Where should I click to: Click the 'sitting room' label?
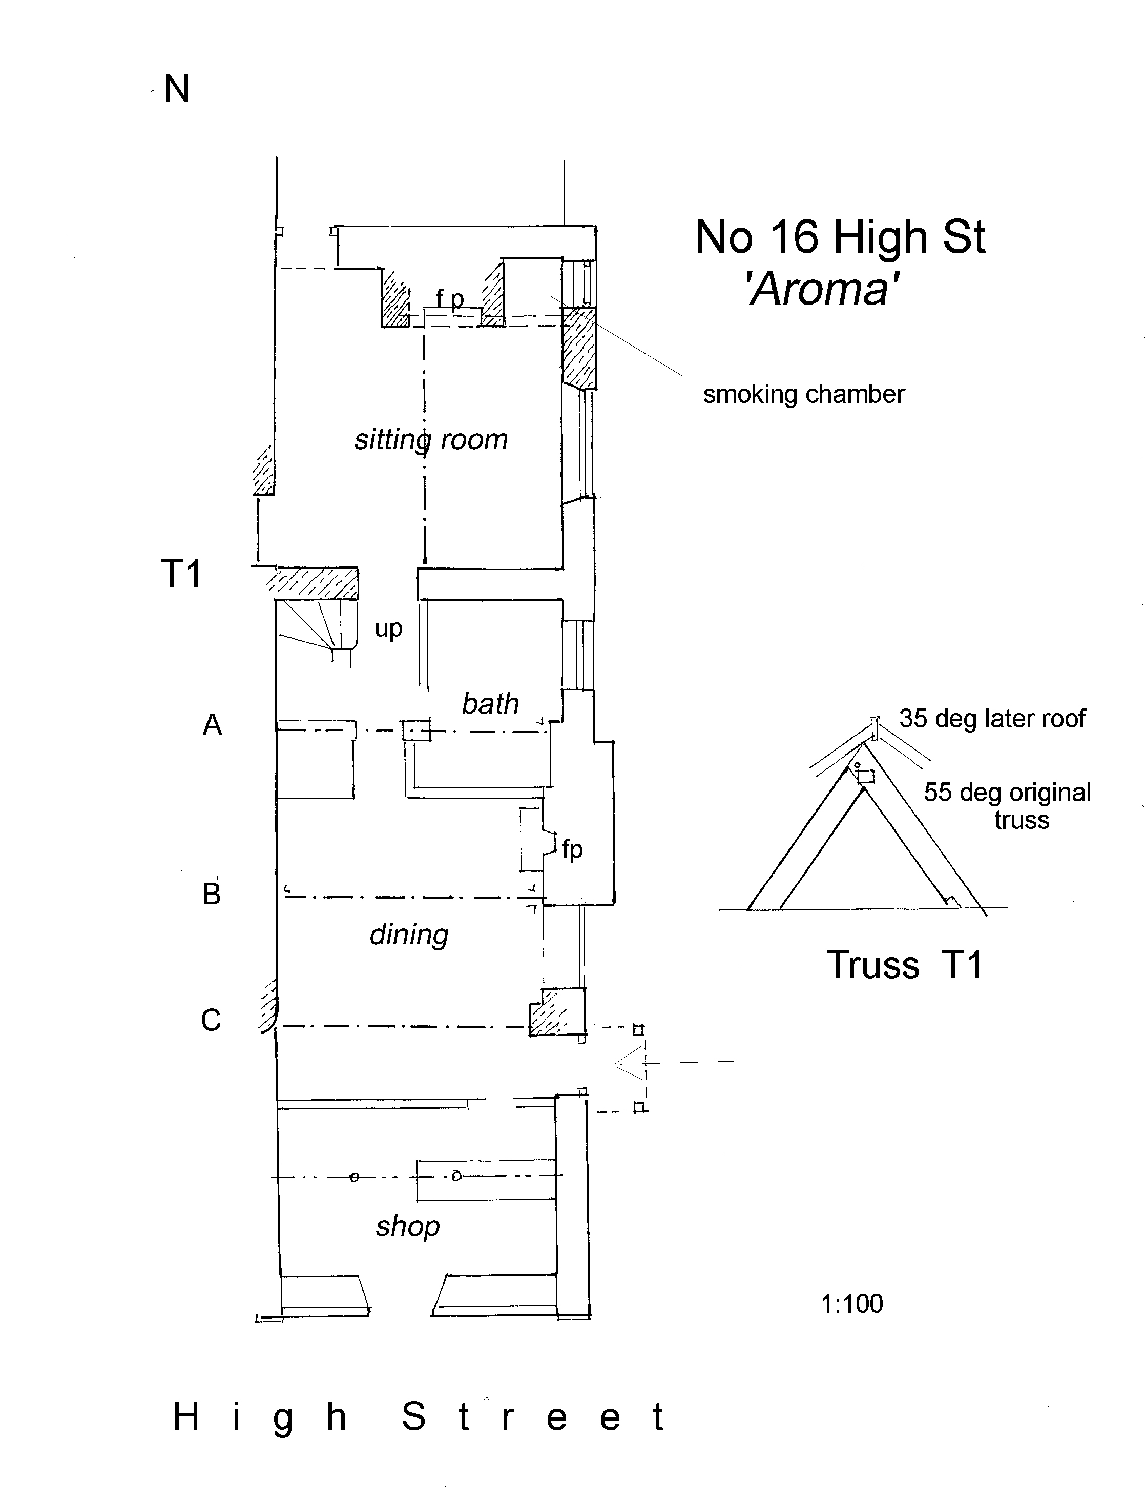tap(431, 440)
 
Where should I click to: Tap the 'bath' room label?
tap(490, 704)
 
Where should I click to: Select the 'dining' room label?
tap(409, 935)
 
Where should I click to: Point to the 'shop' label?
tap(408, 1226)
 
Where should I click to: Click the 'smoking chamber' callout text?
tap(803, 394)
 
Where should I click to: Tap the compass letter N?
tap(177, 89)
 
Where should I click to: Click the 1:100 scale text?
tap(852, 1304)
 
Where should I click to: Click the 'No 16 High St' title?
tap(840, 237)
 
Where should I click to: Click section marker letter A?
tap(212, 725)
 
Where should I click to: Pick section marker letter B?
tap(212, 894)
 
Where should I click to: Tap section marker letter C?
tap(211, 1020)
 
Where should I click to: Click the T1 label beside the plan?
tap(181, 574)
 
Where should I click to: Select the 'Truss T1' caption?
tap(904, 965)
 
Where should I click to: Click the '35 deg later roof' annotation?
tap(992, 719)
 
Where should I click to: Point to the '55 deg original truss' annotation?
tap(1007, 805)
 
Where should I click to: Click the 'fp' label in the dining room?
tap(572, 849)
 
